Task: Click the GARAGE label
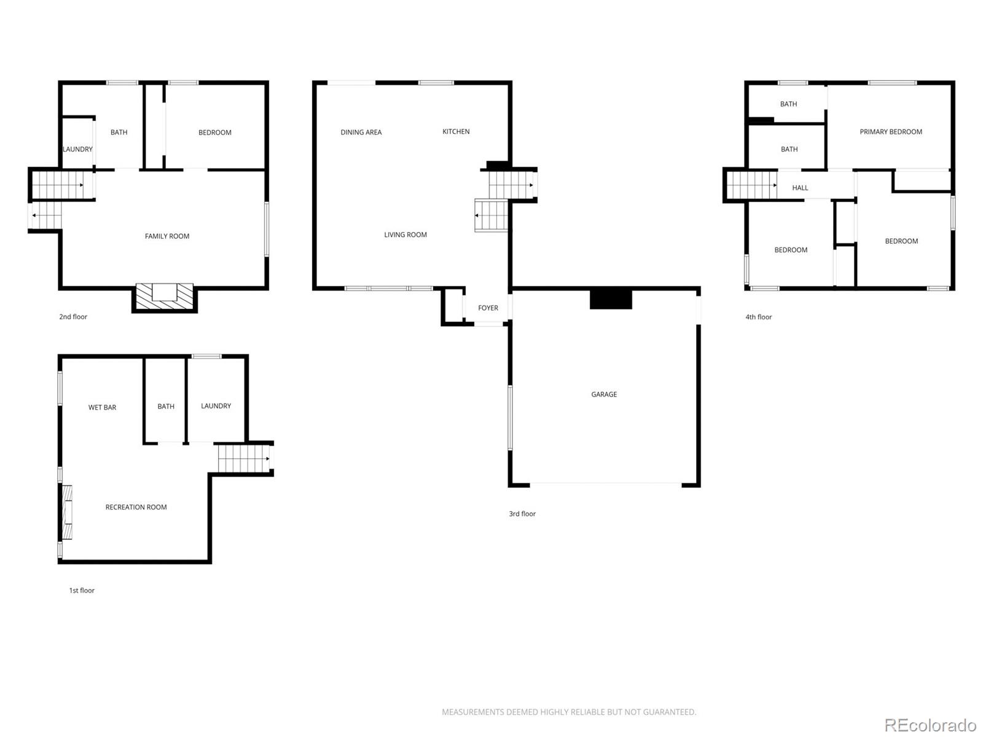click(x=604, y=394)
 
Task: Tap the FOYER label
click(x=488, y=308)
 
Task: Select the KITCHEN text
click(x=456, y=131)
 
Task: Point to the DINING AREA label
click(x=361, y=132)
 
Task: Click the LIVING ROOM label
click(x=405, y=235)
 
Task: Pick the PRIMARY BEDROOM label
click(x=891, y=131)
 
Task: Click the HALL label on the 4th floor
click(x=800, y=188)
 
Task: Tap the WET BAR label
click(x=102, y=407)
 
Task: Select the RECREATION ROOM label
click(x=136, y=507)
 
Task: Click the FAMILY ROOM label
click(x=167, y=236)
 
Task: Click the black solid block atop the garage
click(x=611, y=299)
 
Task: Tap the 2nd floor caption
click(x=73, y=317)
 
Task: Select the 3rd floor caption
click(x=522, y=513)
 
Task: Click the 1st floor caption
click(x=82, y=590)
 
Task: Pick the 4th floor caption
click(x=759, y=317)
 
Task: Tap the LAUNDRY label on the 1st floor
click(x=216, y=406)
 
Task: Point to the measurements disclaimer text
click(x=569, y=712)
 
